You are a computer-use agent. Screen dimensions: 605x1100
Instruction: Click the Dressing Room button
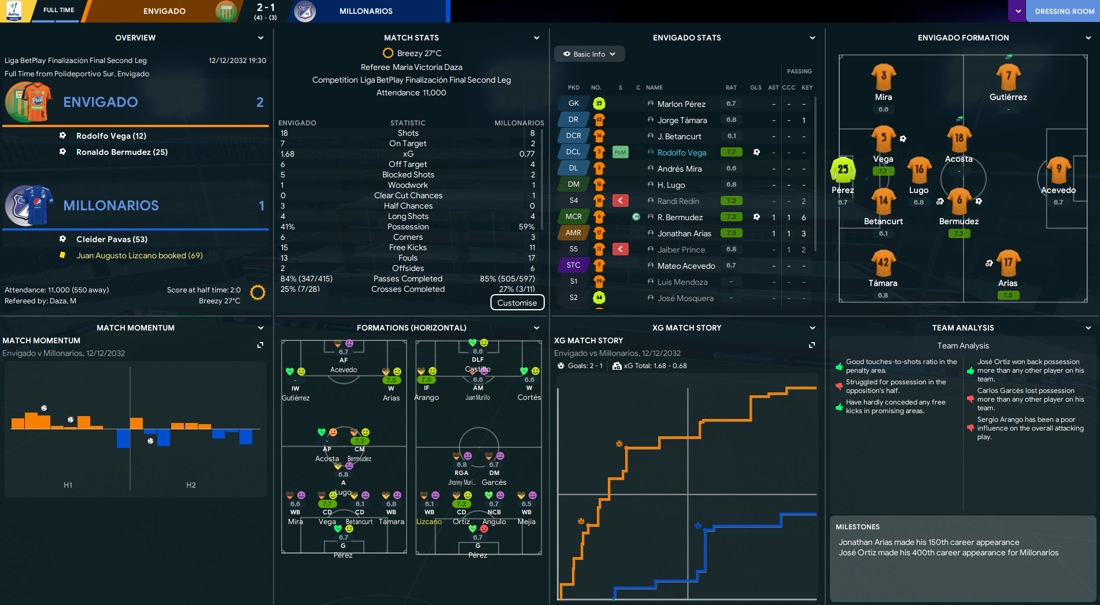pos(1063,11)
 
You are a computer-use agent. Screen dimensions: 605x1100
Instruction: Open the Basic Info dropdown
pos(589,54)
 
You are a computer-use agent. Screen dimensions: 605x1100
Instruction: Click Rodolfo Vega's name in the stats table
pos(681,153)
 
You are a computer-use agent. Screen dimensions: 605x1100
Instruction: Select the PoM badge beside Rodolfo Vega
pos(620,153)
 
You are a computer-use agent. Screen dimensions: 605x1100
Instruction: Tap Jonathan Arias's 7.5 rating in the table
pos(731,233)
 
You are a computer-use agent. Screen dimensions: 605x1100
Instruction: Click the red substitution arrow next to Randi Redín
pos(620,201)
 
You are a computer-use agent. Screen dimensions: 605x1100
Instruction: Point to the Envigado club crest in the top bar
pos(226,11)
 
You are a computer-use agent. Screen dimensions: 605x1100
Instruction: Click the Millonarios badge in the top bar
pos(305,11)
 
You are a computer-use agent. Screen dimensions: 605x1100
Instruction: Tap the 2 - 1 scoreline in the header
pos(265,8)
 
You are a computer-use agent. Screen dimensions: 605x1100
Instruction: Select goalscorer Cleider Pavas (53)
pos(112,239)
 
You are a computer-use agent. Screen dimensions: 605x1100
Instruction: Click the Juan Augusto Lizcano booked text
pos(139,255)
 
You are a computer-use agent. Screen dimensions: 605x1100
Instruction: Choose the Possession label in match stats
pos(408,227)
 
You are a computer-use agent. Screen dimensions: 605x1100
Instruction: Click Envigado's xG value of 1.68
pos(287,154)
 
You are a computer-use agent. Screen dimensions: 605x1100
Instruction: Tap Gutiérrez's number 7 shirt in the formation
pos(1008,77)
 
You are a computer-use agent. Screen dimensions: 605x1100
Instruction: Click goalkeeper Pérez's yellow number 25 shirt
pos(843,170)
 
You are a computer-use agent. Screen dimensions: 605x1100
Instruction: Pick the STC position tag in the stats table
pos(573,265)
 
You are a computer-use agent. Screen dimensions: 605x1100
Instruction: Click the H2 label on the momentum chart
pos(191,485)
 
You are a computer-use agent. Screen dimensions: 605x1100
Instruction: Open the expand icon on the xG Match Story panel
pos(811,345)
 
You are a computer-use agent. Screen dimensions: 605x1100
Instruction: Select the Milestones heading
pos(857,527)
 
